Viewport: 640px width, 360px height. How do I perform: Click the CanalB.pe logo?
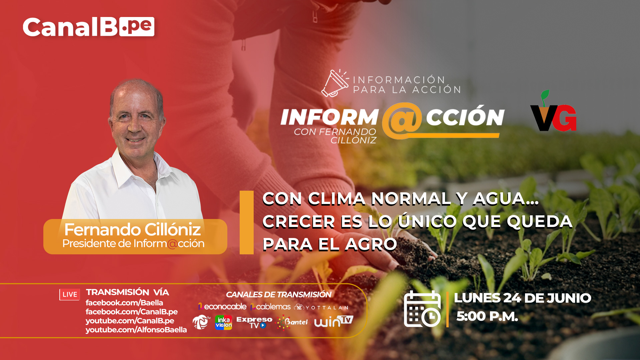coord(88,27)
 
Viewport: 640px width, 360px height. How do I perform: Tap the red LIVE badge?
coord(70,294)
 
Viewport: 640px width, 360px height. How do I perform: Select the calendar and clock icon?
coord(422,309)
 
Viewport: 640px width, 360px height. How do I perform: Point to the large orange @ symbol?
coord(402,121)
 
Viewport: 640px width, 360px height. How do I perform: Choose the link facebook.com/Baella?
coord(124,303)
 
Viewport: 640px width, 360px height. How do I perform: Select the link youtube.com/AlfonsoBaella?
coord(136,330)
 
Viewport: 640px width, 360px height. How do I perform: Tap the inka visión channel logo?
coord(223,323)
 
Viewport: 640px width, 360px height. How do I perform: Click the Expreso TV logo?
coord(254,322)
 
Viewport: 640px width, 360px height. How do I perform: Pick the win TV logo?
coord(333,321)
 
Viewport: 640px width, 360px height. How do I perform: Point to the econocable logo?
coord(222,307)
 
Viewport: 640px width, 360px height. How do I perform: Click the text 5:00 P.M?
coord(487,316)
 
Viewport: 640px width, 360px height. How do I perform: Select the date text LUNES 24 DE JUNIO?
coord(522,298)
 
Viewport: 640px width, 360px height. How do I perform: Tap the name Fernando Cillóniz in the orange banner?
coord(132,229)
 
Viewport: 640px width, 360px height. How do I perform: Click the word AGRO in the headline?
coord(371,244)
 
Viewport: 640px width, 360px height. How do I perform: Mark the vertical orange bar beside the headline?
coord(247,222)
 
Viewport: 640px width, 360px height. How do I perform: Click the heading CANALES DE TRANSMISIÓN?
coord(279,295)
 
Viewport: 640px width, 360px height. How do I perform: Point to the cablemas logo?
coord(270,307)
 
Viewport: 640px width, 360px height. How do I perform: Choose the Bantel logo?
coord(292,322)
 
